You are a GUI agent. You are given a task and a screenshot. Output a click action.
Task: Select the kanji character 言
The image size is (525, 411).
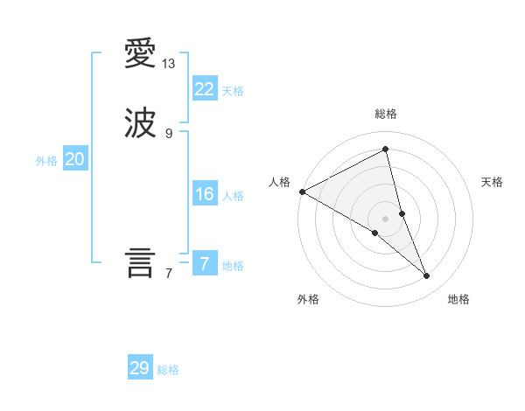[140, 263]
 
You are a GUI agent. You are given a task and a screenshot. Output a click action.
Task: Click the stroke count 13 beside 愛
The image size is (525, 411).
[169, 64]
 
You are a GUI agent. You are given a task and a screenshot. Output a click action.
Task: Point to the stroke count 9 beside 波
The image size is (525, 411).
[169, 133]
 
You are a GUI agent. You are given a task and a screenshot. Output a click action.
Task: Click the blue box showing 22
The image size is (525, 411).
[205, 89]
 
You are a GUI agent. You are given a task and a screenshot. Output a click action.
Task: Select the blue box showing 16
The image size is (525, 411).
[205, 194]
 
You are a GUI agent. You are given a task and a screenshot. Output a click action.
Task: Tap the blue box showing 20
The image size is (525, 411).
[75, 159]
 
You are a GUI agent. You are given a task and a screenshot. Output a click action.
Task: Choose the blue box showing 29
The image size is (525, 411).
[140, 368]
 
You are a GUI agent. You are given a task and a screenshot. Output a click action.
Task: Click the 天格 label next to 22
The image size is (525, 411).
[233, 91]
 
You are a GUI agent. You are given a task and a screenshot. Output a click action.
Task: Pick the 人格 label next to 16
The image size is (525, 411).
[233, 196]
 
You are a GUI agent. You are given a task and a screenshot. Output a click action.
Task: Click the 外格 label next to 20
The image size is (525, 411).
[46, 161]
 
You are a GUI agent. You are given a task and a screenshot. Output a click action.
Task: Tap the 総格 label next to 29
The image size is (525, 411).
[168, 370]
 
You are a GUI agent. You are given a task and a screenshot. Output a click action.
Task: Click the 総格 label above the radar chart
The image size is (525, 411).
[386, 114]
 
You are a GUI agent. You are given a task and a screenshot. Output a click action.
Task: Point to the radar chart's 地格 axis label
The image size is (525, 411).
[458, 300]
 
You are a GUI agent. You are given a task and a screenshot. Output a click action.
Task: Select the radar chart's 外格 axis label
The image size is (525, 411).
[308, 300]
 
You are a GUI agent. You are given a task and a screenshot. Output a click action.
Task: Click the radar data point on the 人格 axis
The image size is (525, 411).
[302, 192]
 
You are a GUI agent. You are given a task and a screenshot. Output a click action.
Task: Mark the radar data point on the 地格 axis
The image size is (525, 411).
[427, 276]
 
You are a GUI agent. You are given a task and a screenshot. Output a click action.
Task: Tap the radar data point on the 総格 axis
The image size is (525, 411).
[386, 149]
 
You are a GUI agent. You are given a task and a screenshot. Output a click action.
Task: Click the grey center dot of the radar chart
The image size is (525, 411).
[386, 219]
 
